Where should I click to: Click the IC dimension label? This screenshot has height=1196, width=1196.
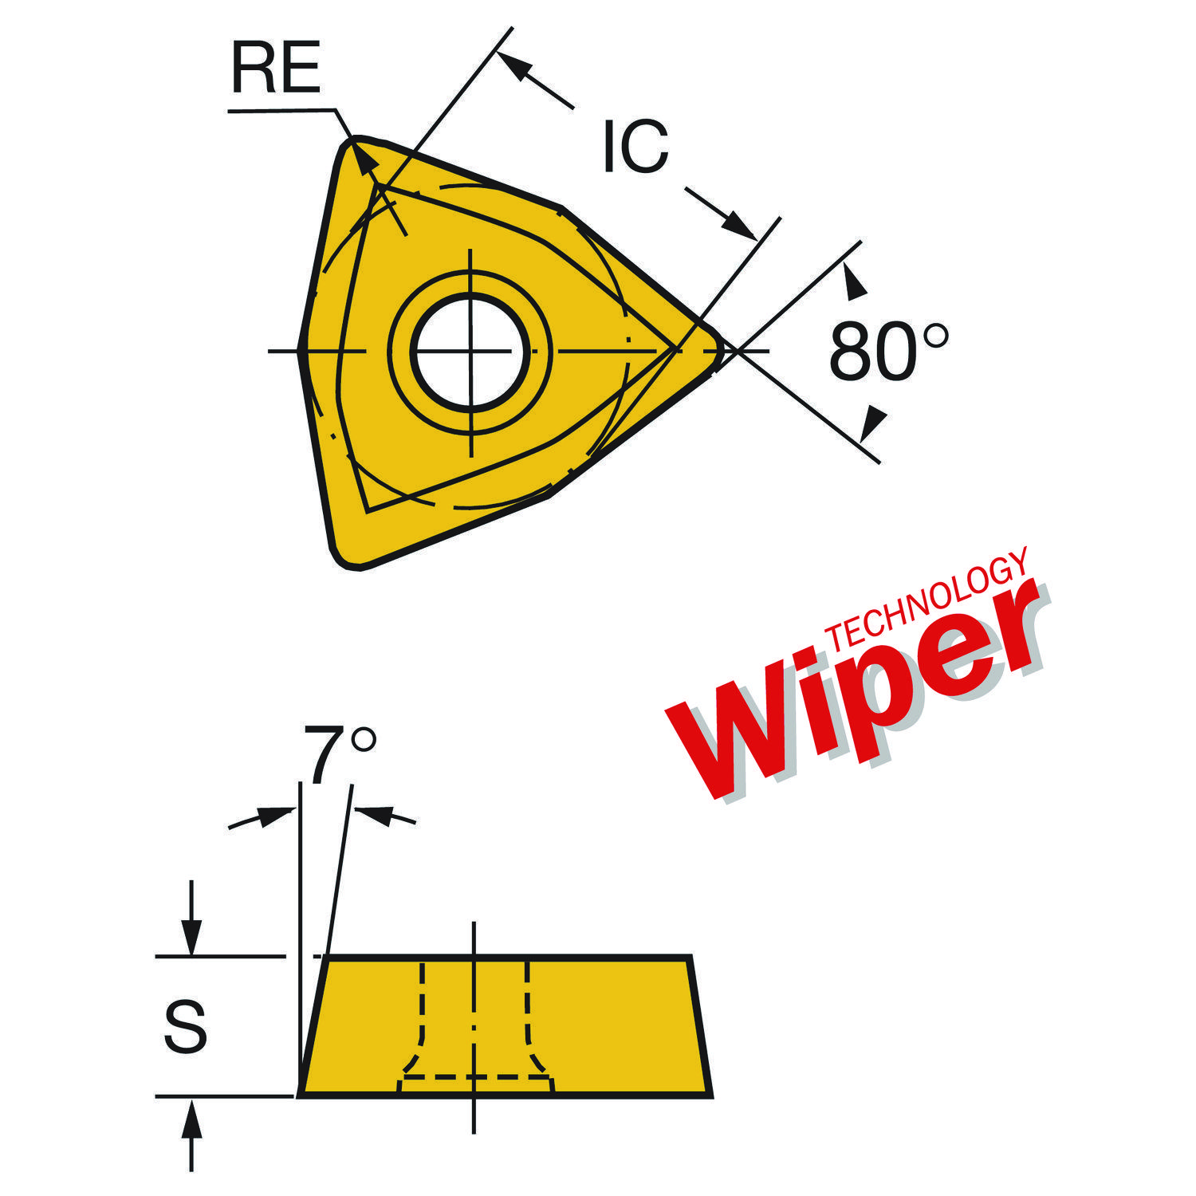pos(635,146)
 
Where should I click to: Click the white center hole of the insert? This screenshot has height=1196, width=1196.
pos(470,351)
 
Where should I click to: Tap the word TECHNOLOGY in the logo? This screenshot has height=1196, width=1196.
pos(925,598)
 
